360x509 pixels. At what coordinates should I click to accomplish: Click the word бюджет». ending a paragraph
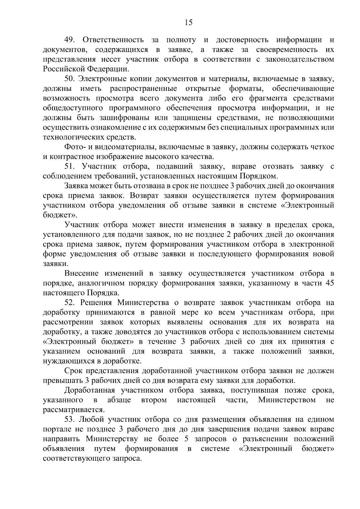click(x=60, y=215)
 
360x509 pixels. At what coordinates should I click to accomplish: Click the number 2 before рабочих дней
click(x=235, y=235)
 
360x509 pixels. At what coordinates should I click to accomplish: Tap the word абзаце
click(x=119, y=400)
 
